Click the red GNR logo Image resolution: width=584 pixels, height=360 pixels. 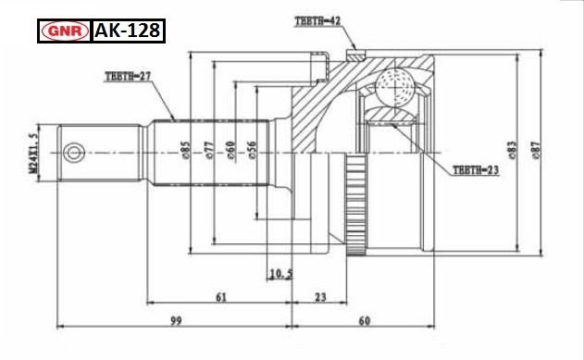(x=65, y=31)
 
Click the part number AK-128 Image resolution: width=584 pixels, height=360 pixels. (x=128, y=31)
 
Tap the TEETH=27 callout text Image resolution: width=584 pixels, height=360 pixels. (x=128, y=76)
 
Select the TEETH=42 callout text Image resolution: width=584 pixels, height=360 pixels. (x=317, y=21)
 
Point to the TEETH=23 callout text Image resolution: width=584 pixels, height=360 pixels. (x=476, y=170)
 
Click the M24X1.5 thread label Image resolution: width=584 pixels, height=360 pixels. (x=33, y=154)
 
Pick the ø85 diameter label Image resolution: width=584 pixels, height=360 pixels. (x=185, y=150)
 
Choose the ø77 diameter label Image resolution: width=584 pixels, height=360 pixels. (x=209, y=150)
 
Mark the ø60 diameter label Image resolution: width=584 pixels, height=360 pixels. (x=230, y=151)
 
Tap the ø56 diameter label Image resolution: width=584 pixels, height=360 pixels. (x=252, y=150)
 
